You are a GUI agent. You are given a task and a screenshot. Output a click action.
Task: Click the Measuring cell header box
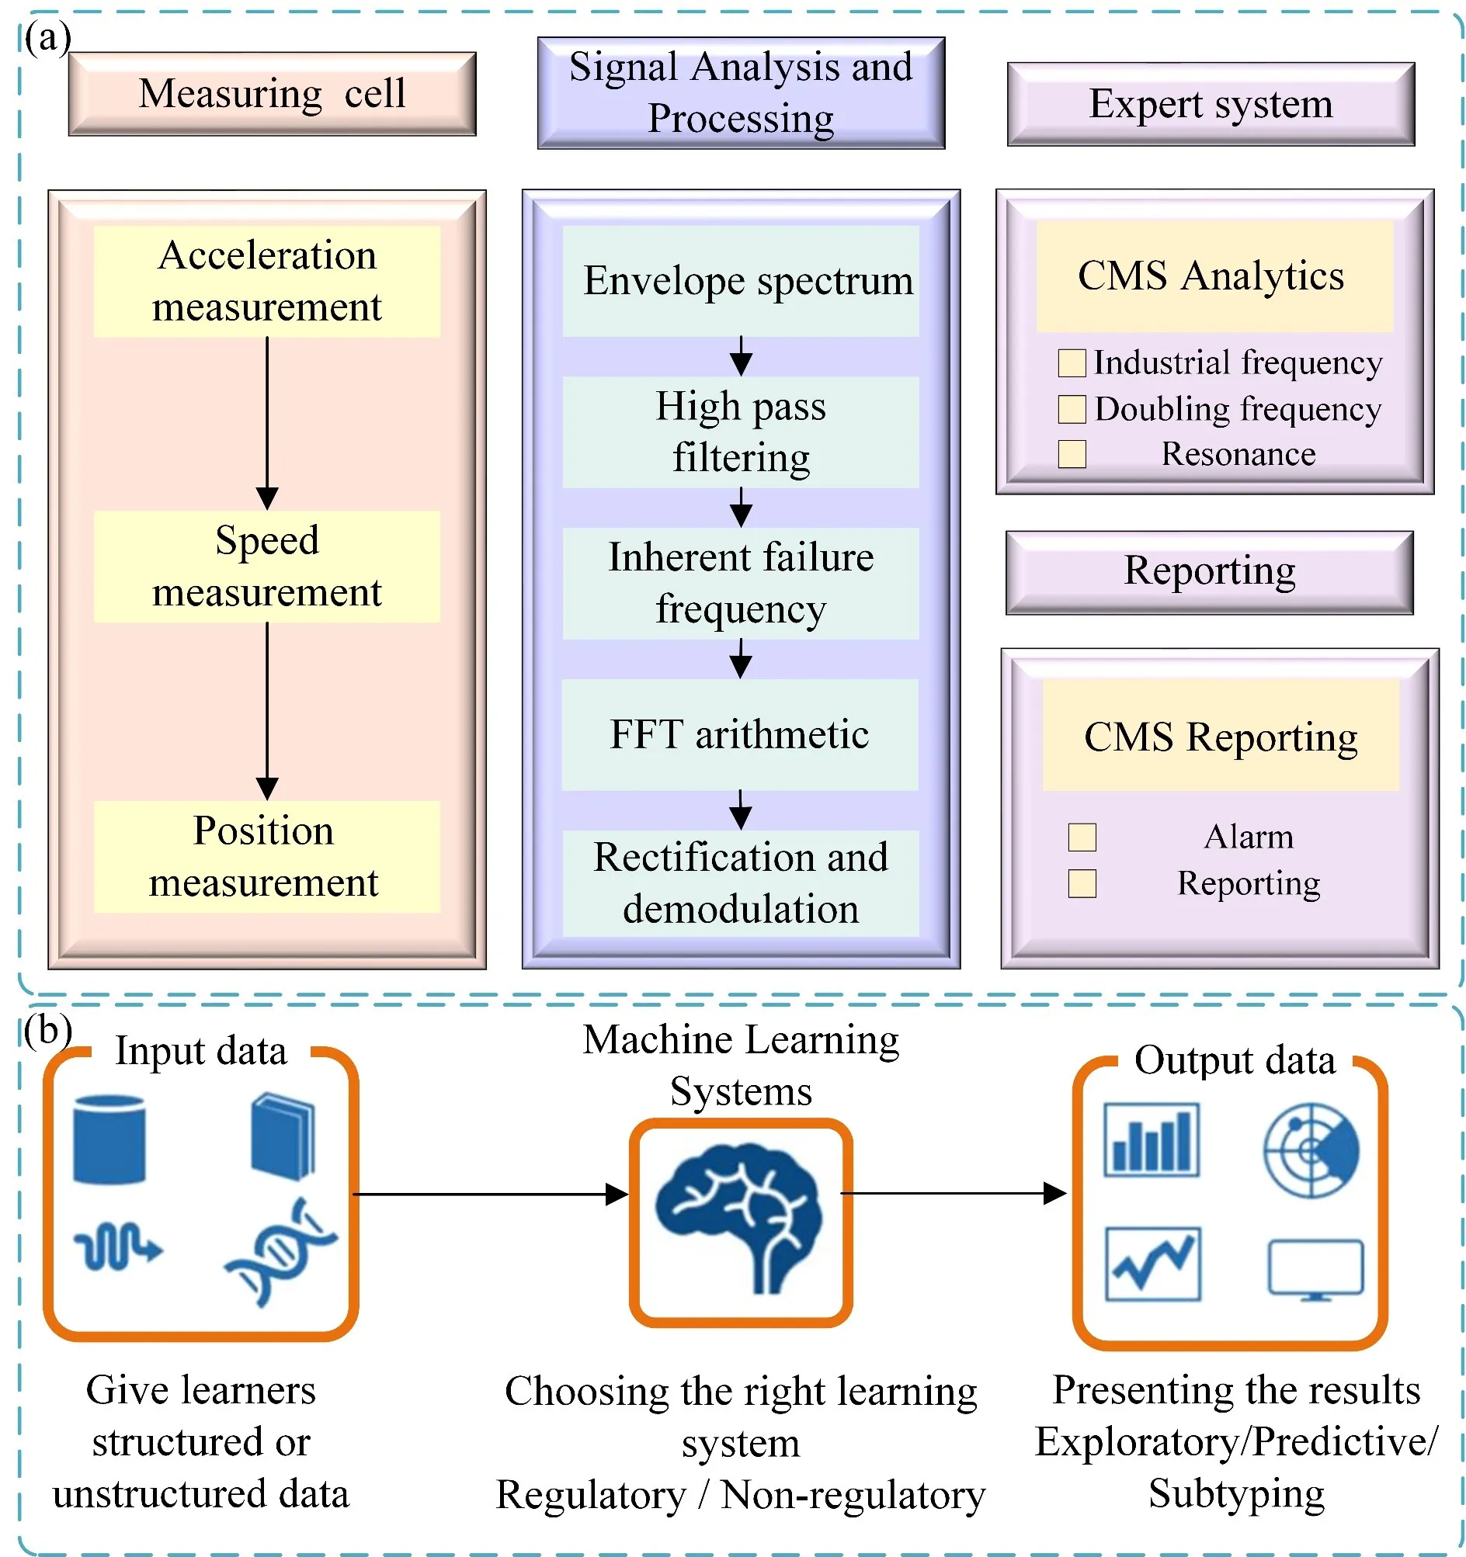272,94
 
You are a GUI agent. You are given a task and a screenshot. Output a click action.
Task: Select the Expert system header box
1210,104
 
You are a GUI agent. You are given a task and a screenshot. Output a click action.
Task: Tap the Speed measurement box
266,567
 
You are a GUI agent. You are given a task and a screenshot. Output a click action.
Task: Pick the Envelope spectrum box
741,281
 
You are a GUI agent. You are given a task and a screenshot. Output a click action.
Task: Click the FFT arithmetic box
740,734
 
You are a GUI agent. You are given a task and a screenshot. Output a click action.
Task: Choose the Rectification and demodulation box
741,883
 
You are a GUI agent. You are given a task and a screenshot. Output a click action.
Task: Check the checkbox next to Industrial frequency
1071,363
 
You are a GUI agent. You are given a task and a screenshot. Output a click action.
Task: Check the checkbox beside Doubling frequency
1071,409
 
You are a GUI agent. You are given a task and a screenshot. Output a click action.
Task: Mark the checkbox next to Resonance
1071,454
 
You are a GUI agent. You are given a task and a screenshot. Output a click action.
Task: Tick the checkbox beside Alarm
1082,837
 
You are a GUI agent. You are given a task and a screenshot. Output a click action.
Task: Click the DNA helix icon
280,1252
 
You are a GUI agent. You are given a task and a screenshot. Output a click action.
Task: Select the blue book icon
283,1136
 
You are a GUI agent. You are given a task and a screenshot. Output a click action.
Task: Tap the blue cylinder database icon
109,1139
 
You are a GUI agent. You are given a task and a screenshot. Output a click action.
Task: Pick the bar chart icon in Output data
1150,1139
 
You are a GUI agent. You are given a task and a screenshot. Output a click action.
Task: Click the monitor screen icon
1315,1269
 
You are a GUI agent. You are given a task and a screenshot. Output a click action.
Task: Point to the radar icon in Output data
1311,1150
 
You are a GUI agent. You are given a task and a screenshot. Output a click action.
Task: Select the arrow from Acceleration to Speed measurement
267,423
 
